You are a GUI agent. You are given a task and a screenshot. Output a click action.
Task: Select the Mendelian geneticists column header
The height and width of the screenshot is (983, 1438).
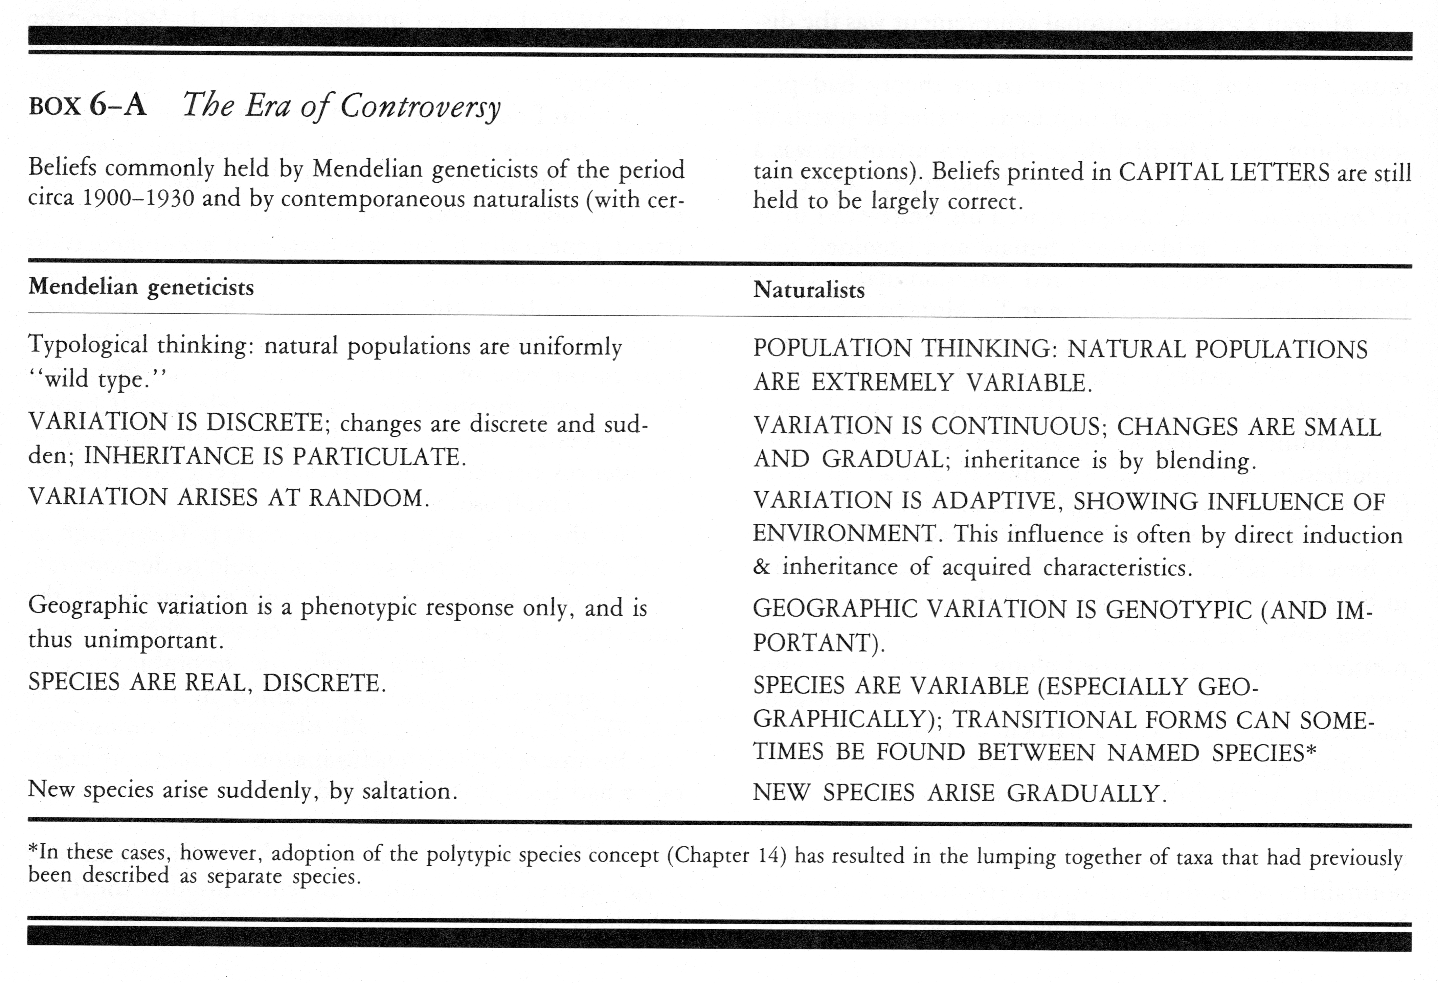point(141,287)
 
